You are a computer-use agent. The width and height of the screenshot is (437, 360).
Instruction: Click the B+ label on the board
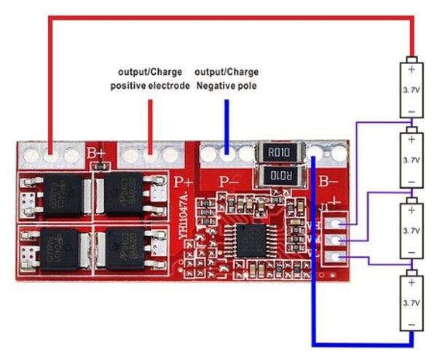point(96,154)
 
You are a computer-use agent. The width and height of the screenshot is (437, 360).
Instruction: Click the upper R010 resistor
point(277,152)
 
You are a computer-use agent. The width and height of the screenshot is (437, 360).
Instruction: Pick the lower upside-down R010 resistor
point(277,177)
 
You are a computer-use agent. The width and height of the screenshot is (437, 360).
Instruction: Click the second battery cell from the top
point(412,160)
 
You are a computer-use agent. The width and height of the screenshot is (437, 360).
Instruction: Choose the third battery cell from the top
point(412,230)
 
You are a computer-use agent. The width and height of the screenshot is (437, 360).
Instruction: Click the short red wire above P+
point(150,124)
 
